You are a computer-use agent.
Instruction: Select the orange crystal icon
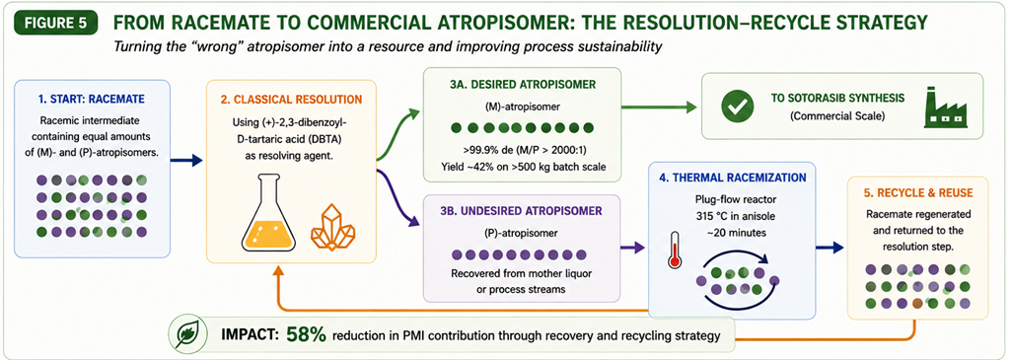tap(332, 227)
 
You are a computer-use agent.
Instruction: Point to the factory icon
tap(946, 108)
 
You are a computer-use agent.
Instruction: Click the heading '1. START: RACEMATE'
tap(92, 100)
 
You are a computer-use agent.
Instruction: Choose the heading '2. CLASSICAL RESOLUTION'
tap(291, 100)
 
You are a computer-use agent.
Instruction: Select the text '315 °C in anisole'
tap(731, 214)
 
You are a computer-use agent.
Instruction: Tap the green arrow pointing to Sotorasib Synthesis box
tap(660, 108)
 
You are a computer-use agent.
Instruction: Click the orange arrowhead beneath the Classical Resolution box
tap(278, 272)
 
